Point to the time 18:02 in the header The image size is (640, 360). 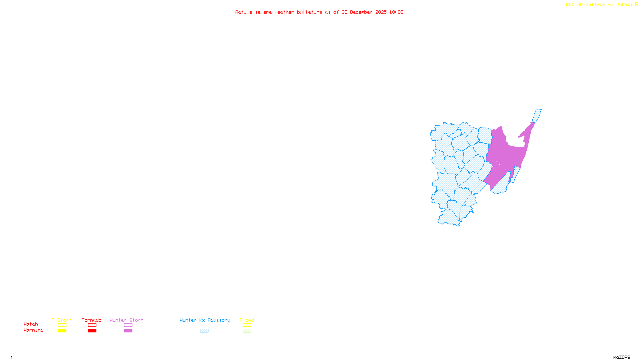(396, 12)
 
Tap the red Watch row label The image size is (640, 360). (31, 324)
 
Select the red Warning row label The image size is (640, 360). (33, 330)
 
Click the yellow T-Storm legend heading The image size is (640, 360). (62, 320)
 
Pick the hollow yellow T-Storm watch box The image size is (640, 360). (62, 325)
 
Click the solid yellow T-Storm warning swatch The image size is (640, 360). (62, 331)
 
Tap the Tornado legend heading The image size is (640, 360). (92, 320)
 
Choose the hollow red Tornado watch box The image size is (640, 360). (92, 325)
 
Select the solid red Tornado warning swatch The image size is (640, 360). (92, 331)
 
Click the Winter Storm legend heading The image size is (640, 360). (126, 320)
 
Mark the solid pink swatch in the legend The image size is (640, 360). (128, 331)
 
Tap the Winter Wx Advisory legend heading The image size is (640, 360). (205, 320)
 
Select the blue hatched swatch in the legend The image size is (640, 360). (204, 331)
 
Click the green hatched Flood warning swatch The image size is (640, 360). (247, 331)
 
